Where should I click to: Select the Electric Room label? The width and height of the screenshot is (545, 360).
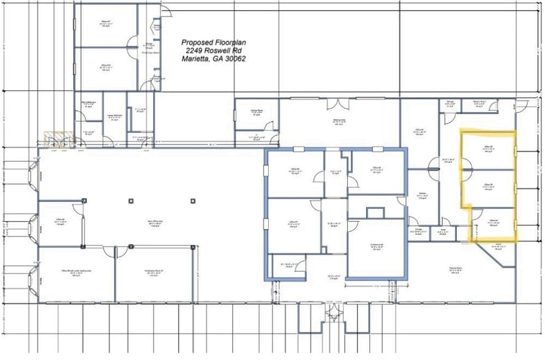(479, 104)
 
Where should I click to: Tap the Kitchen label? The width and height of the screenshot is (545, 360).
(422, 195)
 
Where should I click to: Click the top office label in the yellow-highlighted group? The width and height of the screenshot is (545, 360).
(489, 149)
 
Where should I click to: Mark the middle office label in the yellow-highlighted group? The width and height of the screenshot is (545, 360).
(489, 187)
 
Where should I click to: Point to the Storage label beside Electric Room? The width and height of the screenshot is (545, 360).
(449, 104)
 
